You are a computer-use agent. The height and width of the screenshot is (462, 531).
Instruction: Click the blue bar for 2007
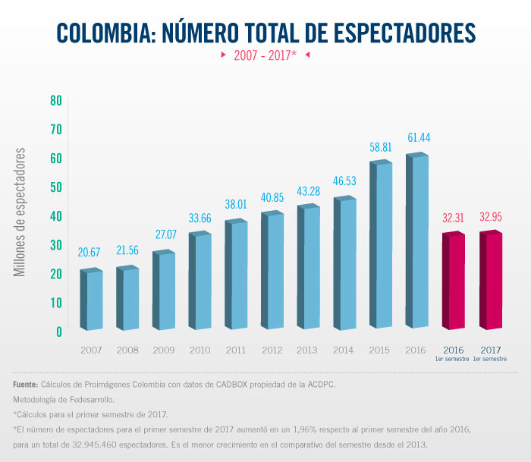tap(93, 300)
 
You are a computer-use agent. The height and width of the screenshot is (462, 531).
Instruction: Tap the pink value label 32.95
tap(492, 218)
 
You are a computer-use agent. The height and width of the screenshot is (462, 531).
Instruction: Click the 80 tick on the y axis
tap(56, 100)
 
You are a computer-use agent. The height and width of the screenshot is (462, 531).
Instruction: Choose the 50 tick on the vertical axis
tap(56, 187)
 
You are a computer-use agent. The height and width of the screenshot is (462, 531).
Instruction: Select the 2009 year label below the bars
tap(165, 350)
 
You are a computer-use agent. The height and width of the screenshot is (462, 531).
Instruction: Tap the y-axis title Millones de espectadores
tap(21, 212)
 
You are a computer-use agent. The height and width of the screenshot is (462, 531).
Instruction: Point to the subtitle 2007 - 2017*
tap(265, 55)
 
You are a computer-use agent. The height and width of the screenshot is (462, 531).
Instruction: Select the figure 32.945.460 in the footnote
tap(107, 445)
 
